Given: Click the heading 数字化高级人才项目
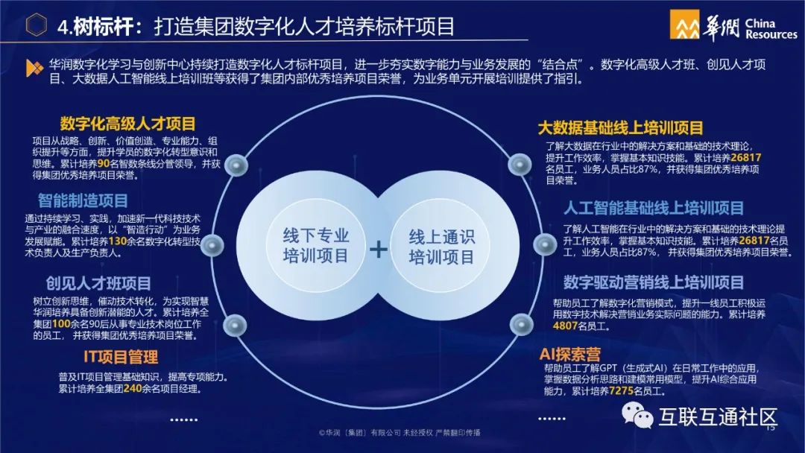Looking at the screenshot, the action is click(127, 124).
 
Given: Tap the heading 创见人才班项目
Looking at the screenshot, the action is click(98, 283).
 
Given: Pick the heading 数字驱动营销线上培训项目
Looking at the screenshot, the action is click(654, 282).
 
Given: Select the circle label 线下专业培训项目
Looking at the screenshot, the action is click(316, 247).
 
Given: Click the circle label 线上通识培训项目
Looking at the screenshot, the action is click(441, 247).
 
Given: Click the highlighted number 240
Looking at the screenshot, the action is click(133, 388).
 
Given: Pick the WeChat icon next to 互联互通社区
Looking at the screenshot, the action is click(639, 415).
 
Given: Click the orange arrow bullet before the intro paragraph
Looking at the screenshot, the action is click(34, 68).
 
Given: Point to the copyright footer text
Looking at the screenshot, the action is click(400, 432).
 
